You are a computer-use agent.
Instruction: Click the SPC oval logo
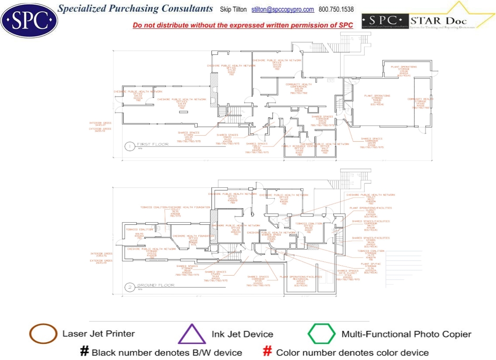point(29,20)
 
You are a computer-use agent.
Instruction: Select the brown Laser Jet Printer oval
point(43,334)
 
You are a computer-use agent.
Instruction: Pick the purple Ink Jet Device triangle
point(192,335)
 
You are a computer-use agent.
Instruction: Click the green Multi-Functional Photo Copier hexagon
point(322,334)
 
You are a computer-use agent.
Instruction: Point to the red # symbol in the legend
point(268,352)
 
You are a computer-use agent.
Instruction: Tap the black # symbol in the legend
point(84,352)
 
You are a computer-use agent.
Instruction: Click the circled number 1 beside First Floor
point(129,147)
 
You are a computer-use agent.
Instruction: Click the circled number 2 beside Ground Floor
point(129,287)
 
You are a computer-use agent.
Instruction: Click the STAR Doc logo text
point(444,20)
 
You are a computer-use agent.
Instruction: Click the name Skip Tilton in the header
point(233,10)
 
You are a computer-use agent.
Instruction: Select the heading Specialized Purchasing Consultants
point(135,9)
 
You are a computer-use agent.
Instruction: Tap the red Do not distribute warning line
point(243,25)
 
